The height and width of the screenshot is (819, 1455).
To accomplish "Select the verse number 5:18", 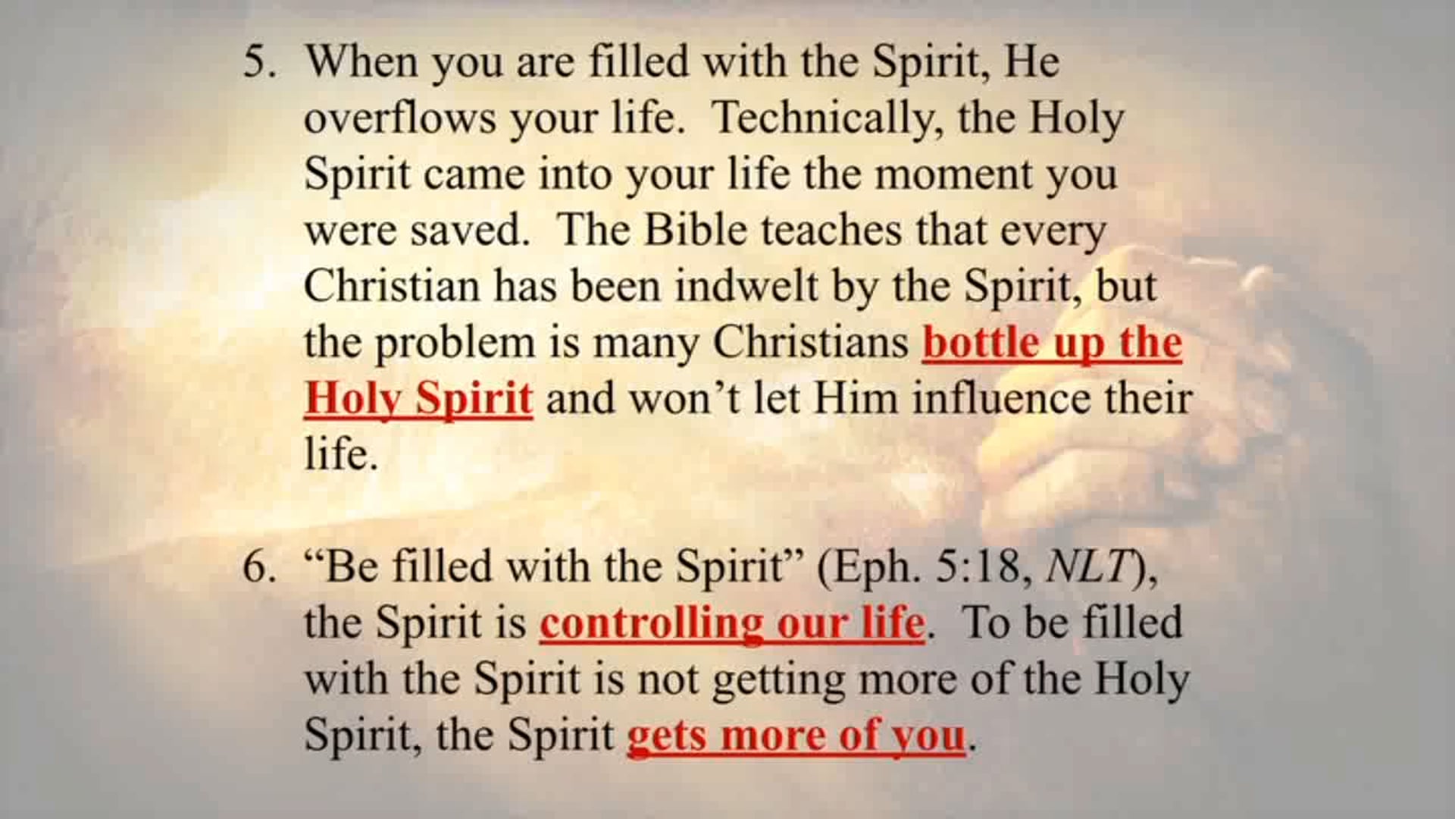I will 984,568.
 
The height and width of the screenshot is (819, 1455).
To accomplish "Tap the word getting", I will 778,681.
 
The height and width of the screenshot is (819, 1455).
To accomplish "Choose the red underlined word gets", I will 666,736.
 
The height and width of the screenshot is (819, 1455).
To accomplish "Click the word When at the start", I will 361,62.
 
